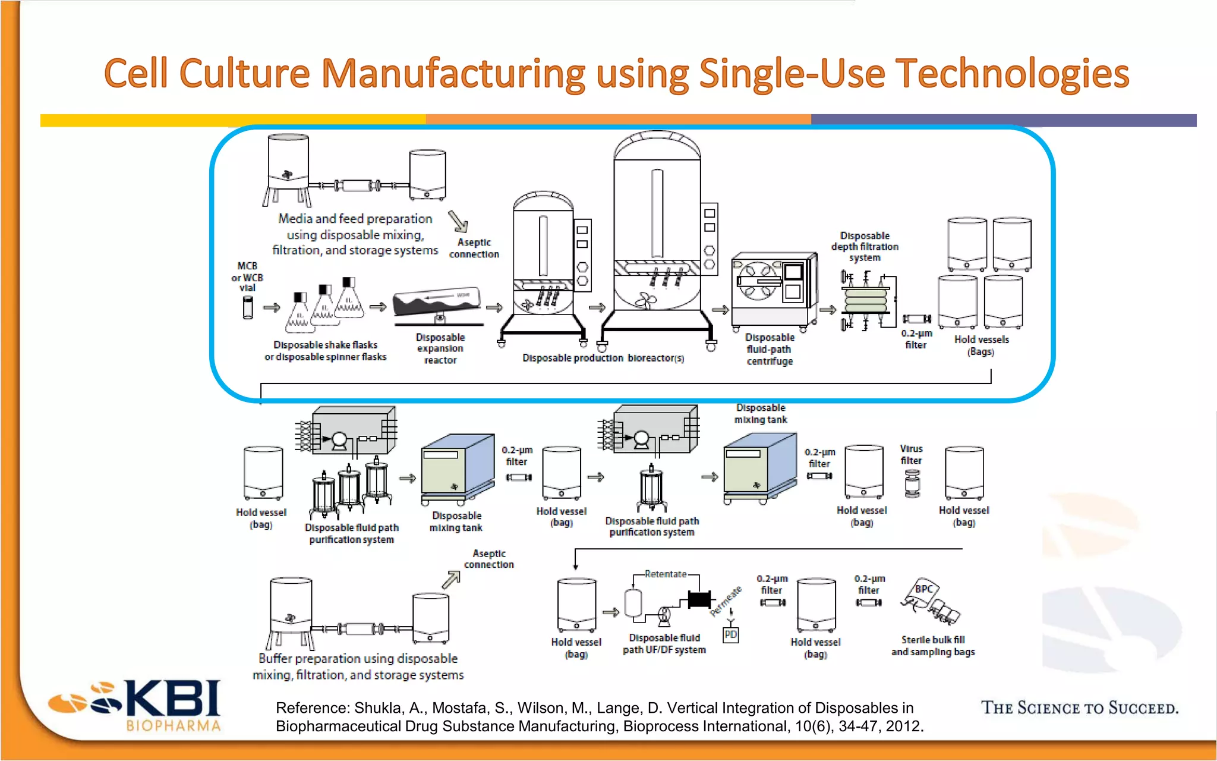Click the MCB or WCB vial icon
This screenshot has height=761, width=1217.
[x=248, y=307]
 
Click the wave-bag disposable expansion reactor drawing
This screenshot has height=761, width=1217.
[x=438, y=304]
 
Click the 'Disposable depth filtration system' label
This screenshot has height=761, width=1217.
[x=865, y=247]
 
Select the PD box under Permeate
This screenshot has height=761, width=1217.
[x=730, y=635]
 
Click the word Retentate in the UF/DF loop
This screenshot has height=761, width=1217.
[x=665, y=574]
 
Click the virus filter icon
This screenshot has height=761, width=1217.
[x=912, y=483]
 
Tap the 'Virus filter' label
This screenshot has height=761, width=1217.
[x=911, y=454]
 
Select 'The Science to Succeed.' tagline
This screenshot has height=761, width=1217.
[x=1079, y=708]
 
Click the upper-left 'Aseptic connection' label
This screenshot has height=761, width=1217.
[x=474, y=248]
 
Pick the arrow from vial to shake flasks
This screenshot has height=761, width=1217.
[x=272, y=307]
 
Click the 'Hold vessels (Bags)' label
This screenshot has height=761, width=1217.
[x=981, y=345]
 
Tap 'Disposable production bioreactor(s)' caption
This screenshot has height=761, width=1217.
[x=603, y=358]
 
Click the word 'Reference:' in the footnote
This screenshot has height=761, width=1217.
[x=312, y=708]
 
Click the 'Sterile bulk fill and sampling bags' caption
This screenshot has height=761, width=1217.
[x=933, y=646]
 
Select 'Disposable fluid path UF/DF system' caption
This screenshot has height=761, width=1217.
[x=664, y=643]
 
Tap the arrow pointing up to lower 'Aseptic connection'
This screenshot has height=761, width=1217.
[x=452, y=580]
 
